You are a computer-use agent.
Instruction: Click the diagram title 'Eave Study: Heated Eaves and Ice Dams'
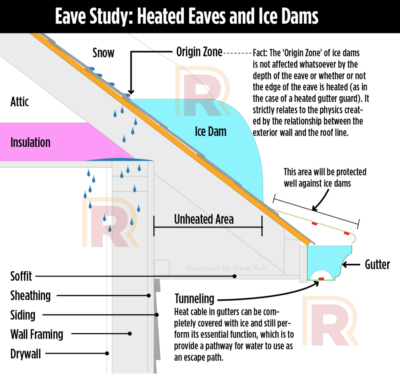(187, 16)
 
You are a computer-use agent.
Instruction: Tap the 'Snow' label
(104, 52)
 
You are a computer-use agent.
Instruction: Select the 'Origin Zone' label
(199, 52)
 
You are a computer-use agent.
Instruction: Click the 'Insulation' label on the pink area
(30, 142)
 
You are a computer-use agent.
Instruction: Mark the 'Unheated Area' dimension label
(204, 219)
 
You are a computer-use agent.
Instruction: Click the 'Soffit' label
(21, 277)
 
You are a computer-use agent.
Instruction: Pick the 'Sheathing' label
(30, 296)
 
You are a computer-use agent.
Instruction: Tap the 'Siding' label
(23, 315)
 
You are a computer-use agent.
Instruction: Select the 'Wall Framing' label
(37, 335)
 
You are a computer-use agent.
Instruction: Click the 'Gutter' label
(377, 265)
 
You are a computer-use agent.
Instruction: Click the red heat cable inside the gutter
(321, 279)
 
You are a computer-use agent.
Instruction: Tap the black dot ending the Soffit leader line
(235, 276)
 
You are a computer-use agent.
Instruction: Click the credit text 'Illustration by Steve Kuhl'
(224, 268)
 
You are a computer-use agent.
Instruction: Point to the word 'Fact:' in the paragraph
(261, 53)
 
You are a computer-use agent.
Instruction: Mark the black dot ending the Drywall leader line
(107, 353)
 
